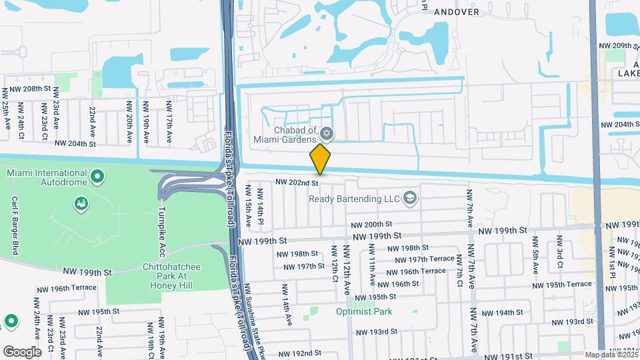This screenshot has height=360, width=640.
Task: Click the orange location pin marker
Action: click(320, 159)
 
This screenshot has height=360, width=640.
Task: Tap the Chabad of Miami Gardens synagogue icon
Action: click(327, 133)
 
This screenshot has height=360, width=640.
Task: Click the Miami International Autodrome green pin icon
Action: click(97, 177)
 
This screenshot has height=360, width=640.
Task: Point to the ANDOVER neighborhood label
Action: click(457, 11)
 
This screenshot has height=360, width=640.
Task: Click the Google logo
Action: click(21, 352)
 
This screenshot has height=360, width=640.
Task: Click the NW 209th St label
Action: click(618, 46)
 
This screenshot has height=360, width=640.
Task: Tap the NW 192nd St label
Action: click(300, 353)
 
